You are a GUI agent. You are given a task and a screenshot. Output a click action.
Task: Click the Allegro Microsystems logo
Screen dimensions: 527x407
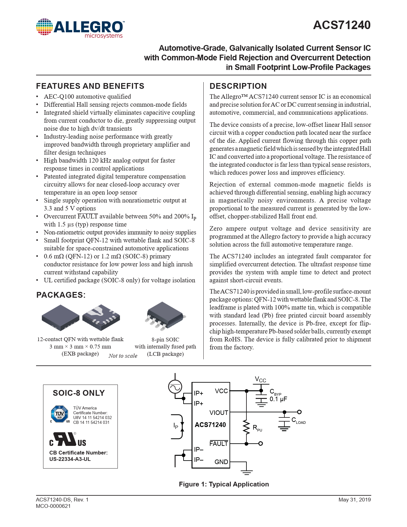tap(80, 29)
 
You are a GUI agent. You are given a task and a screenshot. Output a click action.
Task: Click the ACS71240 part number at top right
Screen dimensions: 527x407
tap(342, 25)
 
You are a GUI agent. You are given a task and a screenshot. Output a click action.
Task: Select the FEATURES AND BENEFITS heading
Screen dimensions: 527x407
tap(90, 86)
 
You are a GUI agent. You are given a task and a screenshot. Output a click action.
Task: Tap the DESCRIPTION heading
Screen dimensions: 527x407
tap(238, 86)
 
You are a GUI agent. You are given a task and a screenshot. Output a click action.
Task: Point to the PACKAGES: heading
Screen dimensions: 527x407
tap(61, 295)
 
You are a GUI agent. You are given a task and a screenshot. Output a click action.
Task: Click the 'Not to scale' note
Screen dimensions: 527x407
tap(123, 356)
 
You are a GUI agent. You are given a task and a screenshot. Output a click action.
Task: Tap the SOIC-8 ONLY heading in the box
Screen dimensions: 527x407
tap(79, 393)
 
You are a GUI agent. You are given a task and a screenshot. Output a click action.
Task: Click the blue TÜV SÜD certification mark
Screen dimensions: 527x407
tap(60, 414)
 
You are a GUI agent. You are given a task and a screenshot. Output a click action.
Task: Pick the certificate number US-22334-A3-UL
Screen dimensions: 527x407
tap(70, 459)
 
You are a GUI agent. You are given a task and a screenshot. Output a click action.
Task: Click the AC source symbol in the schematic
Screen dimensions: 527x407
tap(175, 387)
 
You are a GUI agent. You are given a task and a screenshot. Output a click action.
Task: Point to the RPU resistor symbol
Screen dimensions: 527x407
tap(246, 427)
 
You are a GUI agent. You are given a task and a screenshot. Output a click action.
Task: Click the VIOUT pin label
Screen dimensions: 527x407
tap(219, 413)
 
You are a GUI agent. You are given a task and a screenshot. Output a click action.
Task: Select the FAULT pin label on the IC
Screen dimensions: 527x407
tap(219, 444)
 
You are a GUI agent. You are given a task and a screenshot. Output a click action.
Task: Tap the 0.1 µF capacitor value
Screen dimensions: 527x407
tap(278, 399)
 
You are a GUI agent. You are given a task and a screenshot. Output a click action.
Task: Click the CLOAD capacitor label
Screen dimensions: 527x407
tap(298, 421)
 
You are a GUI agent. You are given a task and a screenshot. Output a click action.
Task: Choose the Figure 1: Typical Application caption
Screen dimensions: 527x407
tap(224, 484)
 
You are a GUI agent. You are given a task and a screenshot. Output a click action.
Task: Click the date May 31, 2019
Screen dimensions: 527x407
tap(355, 500)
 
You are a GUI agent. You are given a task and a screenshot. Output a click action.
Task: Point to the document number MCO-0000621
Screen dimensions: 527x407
tap(53, 506)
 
